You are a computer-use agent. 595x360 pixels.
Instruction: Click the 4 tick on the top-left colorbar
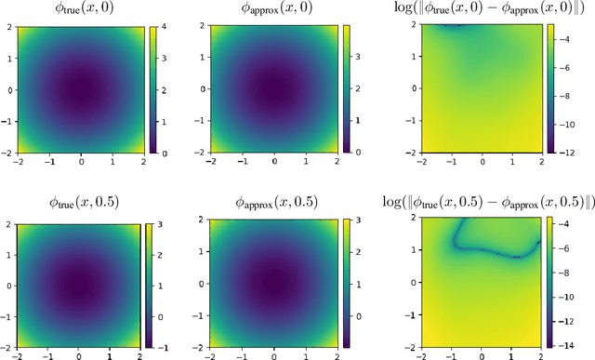[163, 28]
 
